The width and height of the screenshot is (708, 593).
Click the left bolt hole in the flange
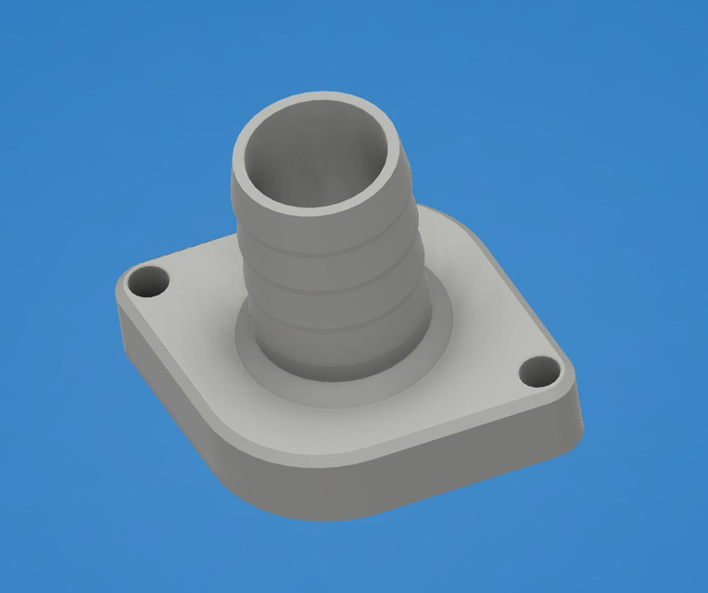[x=148, y=280]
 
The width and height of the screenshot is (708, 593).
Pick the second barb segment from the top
[x=329, y=269]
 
